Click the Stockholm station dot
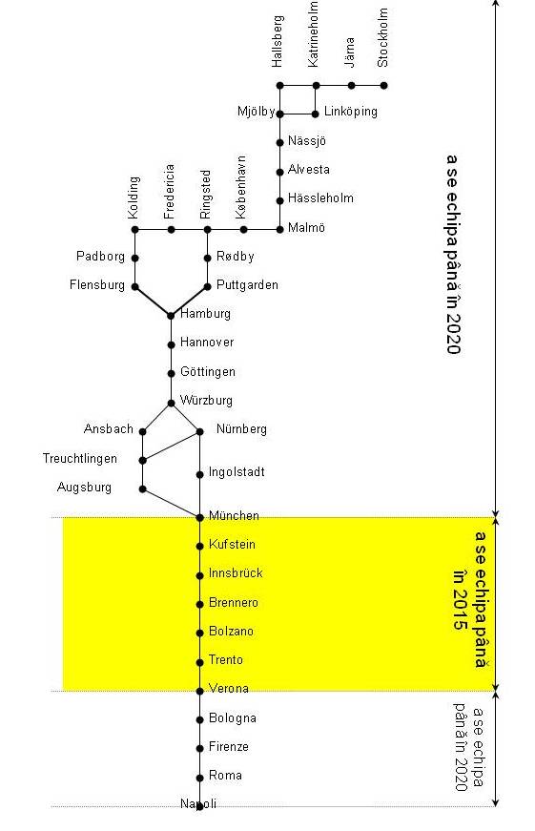tap(384, 85)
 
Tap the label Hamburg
tap(206, 314)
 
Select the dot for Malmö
tap(279, 230)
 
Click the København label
tap(241, 187)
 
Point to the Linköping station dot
tap(315, 114)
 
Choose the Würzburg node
tap(171, 404)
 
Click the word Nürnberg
tap(241, 428)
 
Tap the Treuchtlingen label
tap(80, 458)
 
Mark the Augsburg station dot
tap(142, 489)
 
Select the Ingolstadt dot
tap(199, 475)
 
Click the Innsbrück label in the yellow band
tap(236, 572)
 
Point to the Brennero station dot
tap(199, 604)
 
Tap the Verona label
tap(229, 689)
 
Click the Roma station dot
tap(199, 778)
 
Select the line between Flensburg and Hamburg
tap(154, 301)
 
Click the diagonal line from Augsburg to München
tap(171, 504)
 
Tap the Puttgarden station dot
tap(208, 287)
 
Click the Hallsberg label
tap(278, 41)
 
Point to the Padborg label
tap(101, 257)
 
